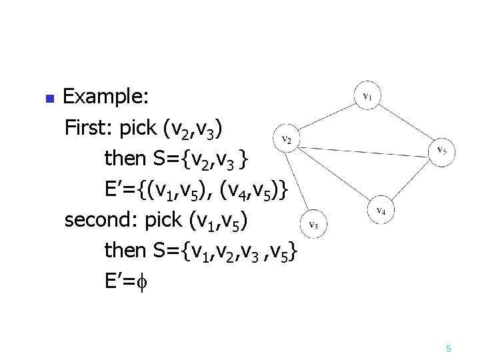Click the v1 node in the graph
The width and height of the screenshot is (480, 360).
click(367, 97)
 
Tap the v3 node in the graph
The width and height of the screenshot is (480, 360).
click(315, 225)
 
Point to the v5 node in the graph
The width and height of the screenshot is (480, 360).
click(441, 150)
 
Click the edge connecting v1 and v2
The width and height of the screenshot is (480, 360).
click(327, 118)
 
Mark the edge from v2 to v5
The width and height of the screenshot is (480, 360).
click(363, 145)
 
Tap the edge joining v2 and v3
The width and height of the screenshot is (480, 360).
click(301, 182)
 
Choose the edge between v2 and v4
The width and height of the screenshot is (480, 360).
click(333, 175)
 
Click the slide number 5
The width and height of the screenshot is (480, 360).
click(449, 349)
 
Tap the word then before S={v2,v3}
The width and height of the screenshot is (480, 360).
click(125, 158)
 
